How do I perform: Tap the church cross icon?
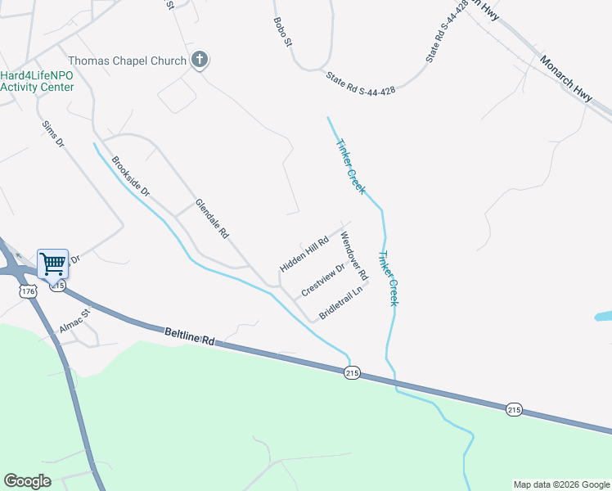point(199,59)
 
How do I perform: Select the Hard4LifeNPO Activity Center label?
point(37,81)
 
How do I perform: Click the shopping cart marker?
point(52,264)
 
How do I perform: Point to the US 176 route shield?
point(29,291)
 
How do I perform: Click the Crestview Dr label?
point(323,280)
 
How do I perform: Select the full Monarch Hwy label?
point(565,73)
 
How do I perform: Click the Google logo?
point(27,481)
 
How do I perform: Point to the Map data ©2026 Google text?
point(561,484)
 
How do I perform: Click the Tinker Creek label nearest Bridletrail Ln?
point(388,279)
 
